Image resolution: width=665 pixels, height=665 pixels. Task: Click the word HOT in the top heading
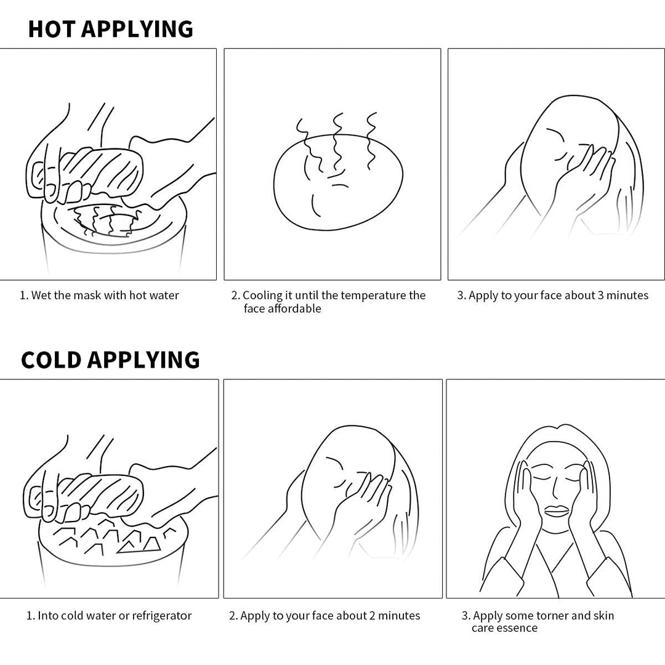coord(52,29)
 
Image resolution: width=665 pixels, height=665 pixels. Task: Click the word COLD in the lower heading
coord(51,360)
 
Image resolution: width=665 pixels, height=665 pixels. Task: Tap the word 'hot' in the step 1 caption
coord(138,295)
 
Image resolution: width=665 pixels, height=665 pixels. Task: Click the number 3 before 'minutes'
coord(600,295)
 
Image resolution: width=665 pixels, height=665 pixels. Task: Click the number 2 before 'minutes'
coord(372,615)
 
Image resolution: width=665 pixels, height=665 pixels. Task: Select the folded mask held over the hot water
coord(102,171)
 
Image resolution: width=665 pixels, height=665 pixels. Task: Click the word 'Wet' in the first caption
coord(41,295)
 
